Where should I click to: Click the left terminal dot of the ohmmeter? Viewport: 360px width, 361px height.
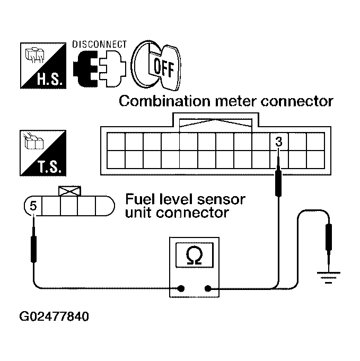click(x=181, y=289)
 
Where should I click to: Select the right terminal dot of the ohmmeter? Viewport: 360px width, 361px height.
click(x=208, y=289)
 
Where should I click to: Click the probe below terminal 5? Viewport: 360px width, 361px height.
click(x=33, y=246)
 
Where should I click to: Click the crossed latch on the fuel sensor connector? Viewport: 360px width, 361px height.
click(x=69, y=190)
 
